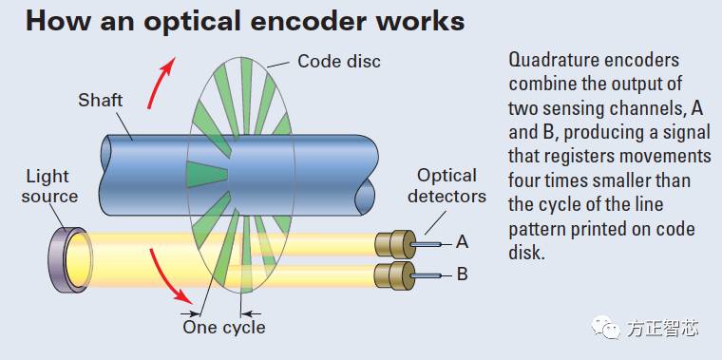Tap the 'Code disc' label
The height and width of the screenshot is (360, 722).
(x=338, y=62)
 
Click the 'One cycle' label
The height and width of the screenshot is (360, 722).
(x=223, y=327)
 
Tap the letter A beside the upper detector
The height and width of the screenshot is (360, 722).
(x=462, y=242)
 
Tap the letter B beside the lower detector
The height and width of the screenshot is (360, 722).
(x=462, y=275)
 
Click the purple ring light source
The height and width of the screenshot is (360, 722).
(x=72, y=258)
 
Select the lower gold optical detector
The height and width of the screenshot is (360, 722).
(x=393, y=276)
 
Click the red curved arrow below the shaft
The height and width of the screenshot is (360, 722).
(x=171, y=280)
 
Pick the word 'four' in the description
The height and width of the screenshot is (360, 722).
(x=525, y=180)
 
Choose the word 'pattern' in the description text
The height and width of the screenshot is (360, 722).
(x=538, y=230)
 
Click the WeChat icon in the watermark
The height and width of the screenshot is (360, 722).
(x=606, y=328)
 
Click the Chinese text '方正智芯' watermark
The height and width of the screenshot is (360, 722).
(x=662, y=329)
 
